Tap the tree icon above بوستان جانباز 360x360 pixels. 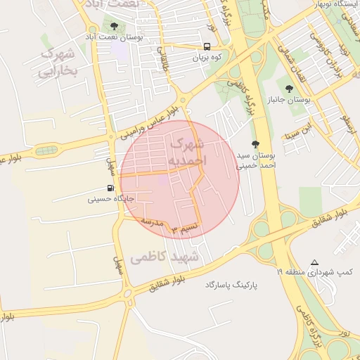pos(289,88)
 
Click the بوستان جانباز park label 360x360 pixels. pos(289,101)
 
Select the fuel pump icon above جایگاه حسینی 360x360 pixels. pos(110,188)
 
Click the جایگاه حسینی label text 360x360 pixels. pos(110,199)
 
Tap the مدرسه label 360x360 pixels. pos(153,222)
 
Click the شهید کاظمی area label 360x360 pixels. pos(165,257)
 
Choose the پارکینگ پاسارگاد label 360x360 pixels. pos(233,285)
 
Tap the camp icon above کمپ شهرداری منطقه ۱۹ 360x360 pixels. pos(314,261)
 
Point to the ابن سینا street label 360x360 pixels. pos(296,131)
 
